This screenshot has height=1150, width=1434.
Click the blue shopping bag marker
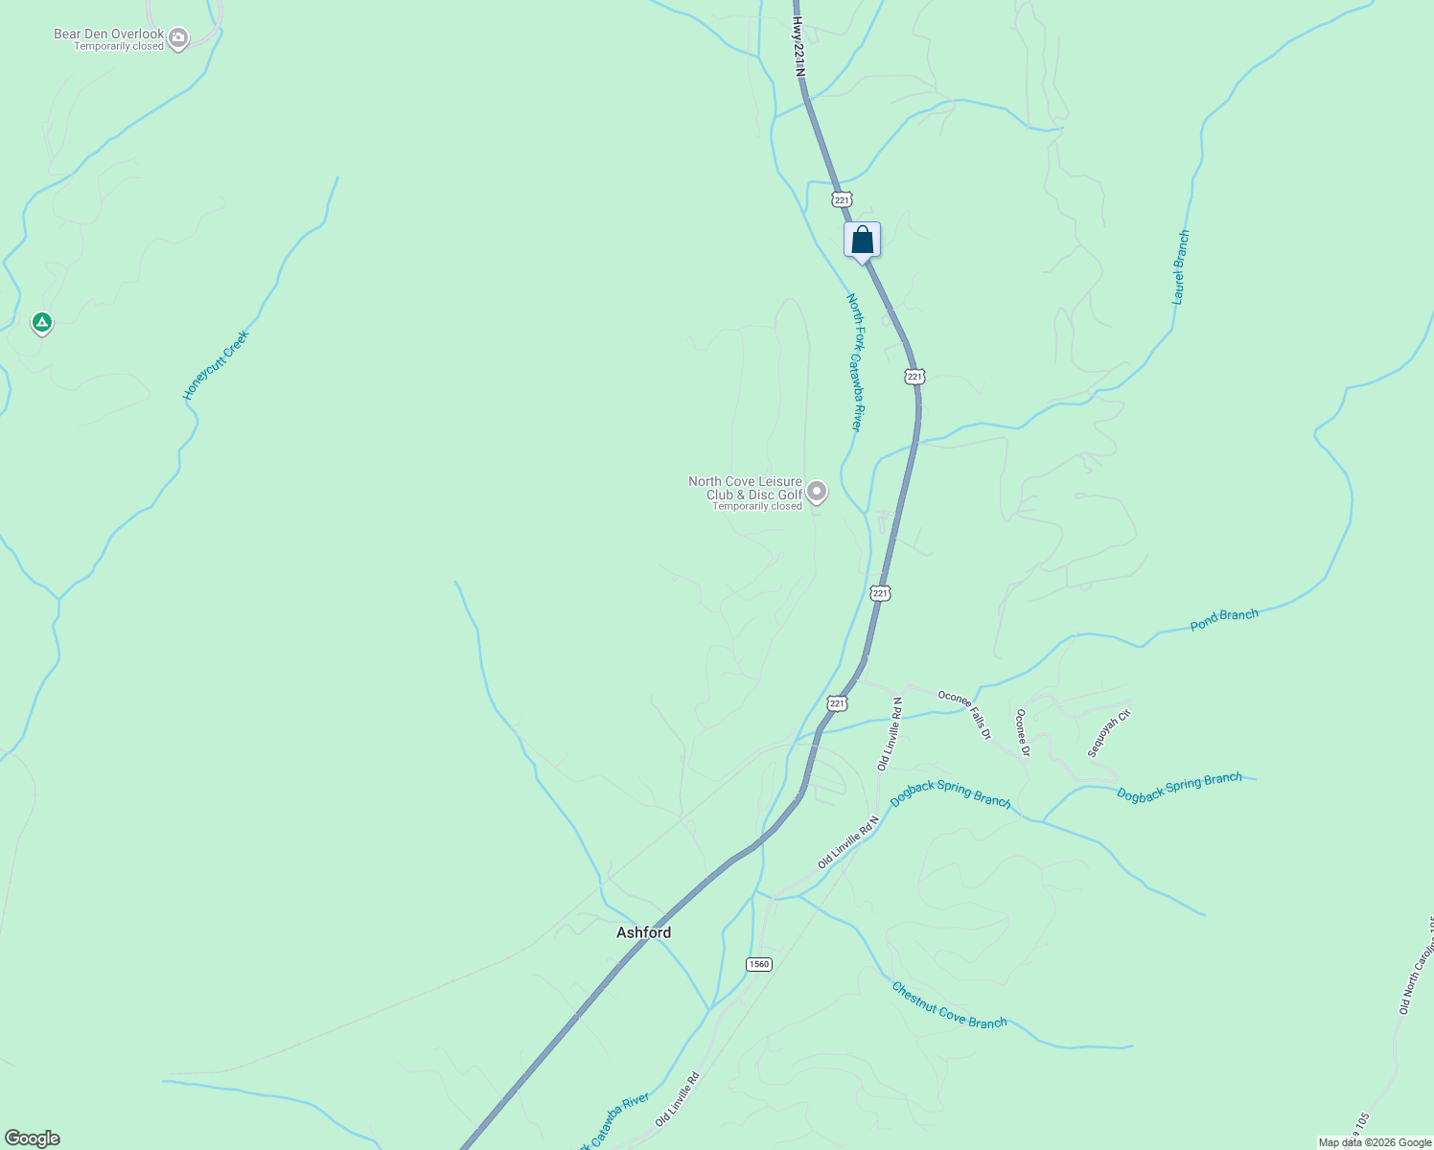[x=862, y=240]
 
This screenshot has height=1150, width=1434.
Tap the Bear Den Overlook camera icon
[x=177, y=38]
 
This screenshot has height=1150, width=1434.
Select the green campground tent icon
[x=41, y=322]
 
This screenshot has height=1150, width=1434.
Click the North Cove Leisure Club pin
[x=817, y=492]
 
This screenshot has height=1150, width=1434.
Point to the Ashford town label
[x=643, y=932]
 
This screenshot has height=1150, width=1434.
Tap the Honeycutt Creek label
[x=216, y=365]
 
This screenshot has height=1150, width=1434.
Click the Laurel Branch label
[x=1181, y=267]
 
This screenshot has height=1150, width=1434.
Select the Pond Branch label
[x=1224, y=620]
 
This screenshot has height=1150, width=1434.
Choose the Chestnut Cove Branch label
[x=949, y=1004]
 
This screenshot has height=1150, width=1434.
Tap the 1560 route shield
[x=758, y=964]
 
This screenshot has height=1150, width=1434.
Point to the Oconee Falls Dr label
[x=964, y=715]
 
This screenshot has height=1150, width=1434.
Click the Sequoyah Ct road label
[x=1109, y=733]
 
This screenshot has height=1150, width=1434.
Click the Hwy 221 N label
[x=798, y=45]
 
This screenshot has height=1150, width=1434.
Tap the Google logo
[x=32, y=1138]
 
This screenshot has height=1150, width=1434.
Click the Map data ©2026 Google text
[x=1374, y=1142]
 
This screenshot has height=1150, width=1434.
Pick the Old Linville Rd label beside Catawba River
[x=678, y=1099]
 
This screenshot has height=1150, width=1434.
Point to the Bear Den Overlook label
[x=109, y=34]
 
